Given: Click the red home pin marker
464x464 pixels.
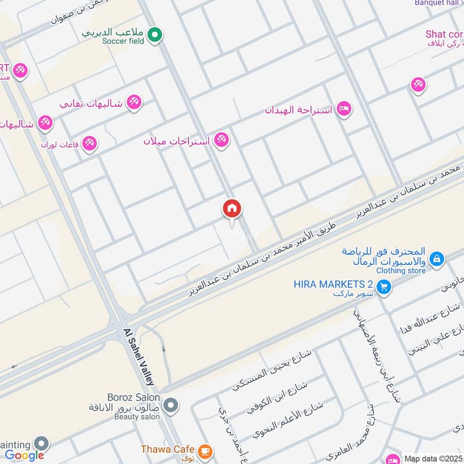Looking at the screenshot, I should (232, 209).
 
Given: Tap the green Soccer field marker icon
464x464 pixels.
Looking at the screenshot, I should (154, 36).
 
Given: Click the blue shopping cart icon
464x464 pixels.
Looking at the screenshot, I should (383, 287).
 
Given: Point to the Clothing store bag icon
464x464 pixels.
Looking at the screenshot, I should (438, 259).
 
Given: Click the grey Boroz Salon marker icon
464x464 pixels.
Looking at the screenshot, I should (170, 405).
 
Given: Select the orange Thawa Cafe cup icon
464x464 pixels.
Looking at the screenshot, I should (204, 451).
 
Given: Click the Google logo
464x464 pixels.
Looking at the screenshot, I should (24, 455).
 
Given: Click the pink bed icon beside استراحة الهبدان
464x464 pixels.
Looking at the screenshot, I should (344, 109).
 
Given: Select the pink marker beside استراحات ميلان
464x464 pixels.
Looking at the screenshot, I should (220, 140).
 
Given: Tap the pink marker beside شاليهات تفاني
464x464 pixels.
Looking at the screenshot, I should (134, 102).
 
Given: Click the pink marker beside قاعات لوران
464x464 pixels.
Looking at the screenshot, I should (89, 142).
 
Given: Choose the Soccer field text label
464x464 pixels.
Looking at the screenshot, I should (122, 41).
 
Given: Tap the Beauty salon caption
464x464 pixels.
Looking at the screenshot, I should (137, 416).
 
